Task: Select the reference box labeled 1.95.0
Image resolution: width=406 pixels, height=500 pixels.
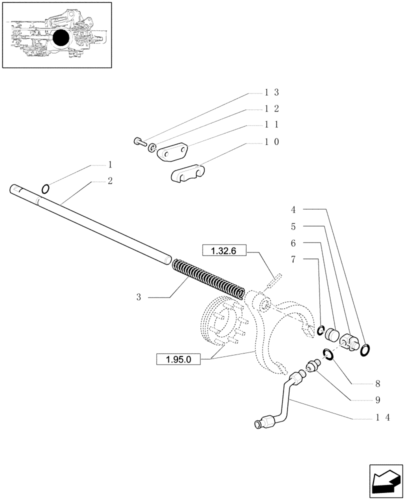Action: coord(178,359)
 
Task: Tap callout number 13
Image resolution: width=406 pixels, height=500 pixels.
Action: coord(271,92)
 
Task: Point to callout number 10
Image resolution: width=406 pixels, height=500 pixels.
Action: coord(271,142)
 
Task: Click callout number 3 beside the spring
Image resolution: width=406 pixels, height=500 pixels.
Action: coord(139,297)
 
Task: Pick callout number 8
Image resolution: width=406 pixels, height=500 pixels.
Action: coord(377,384)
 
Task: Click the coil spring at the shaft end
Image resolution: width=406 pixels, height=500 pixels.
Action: coord(208,278)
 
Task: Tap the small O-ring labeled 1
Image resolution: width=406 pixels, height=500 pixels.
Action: coord(45,188)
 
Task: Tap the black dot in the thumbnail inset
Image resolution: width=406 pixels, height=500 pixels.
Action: coord(60,38)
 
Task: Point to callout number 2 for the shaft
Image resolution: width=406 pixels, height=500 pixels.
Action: coord(109,181)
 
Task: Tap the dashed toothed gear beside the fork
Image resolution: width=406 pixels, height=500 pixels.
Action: coord(220,322)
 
